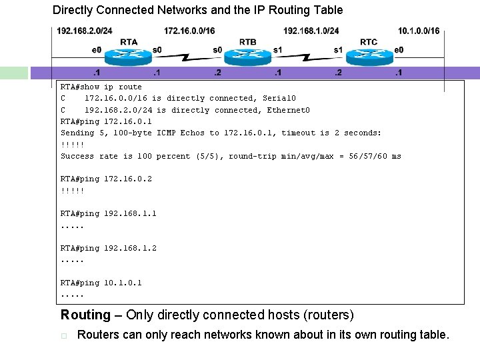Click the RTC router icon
(368, 54)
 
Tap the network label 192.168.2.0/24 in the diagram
(84, 31)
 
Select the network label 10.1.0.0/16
(418, 31)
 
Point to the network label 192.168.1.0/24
(311, 31)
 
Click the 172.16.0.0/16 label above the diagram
(189, 31)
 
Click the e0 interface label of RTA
(97, 50)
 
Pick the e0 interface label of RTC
(399, 50)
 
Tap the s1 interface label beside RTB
(278, 50)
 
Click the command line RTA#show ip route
(101, 87)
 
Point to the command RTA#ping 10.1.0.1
(101, 283)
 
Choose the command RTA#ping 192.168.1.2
(108, 248)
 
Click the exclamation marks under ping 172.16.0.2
(72, 191)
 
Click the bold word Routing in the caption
(85, 315)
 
